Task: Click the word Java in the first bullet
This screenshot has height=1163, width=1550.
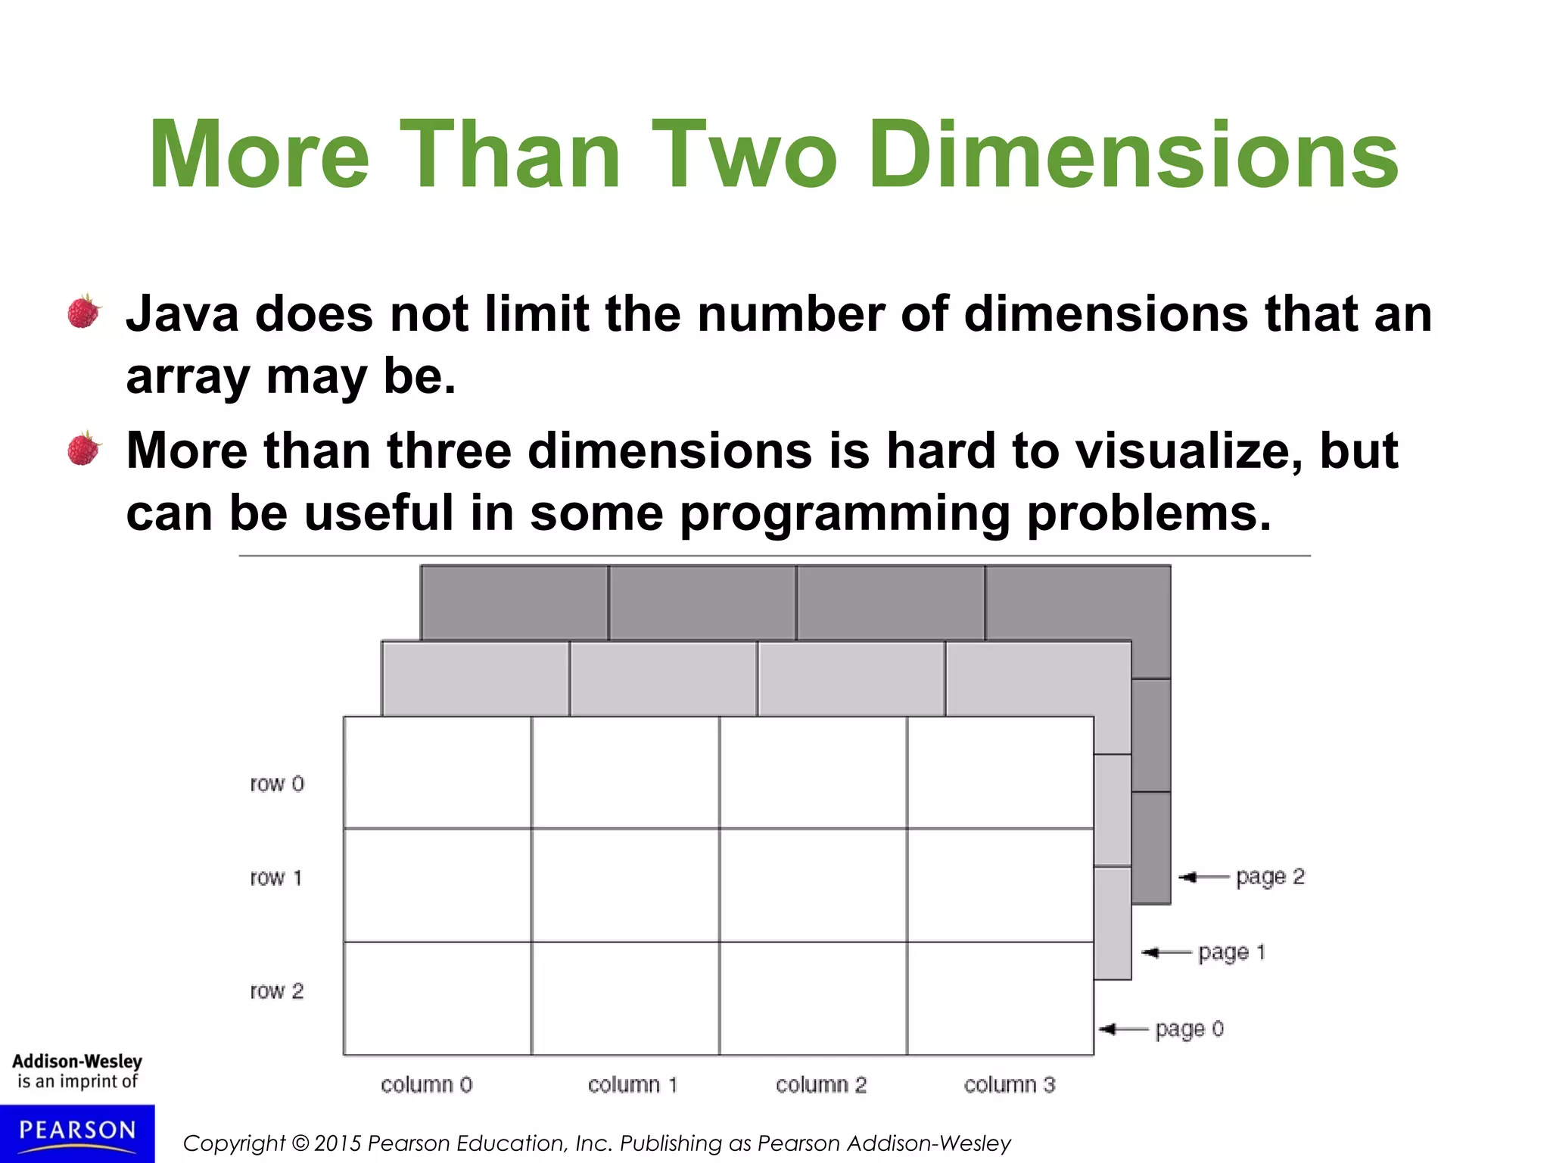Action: point(182,314)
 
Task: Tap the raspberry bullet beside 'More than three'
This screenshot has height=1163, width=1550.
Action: point(84,448)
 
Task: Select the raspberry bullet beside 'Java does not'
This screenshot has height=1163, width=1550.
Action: point(84,312)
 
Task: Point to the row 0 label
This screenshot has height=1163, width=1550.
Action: point(277,784)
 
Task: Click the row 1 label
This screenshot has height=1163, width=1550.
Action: point(276,878)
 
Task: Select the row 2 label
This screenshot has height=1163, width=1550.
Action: point(277,991)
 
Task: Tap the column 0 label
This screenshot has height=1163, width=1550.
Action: point(426,1085)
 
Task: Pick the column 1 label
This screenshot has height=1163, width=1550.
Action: point(633,1085)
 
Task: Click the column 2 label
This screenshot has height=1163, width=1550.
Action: point(821,1085)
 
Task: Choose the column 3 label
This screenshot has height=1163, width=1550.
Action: point(1009,1085)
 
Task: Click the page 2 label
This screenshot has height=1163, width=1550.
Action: point(1270,877)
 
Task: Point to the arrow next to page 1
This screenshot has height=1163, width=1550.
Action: point(1166,953)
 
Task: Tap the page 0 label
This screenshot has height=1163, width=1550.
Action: point(1189,1029)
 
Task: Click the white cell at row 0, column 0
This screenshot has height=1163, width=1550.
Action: point(437,772)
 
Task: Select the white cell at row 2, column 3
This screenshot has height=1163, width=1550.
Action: point(1001,998)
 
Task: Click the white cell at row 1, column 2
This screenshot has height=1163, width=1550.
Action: point(813,885)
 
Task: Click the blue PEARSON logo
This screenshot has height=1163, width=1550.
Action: point(77,1133)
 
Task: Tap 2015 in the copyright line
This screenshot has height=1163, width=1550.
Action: point(338,1143)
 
